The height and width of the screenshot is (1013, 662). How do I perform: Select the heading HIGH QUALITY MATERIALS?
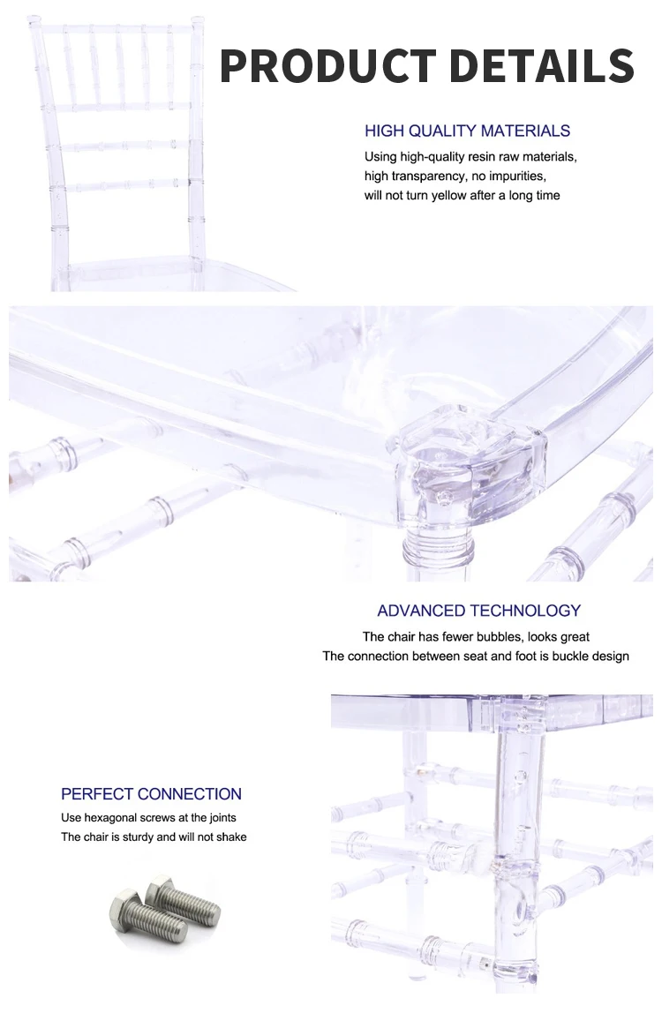coord(467,131)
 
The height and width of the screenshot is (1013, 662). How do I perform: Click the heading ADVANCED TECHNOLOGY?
coord(478,611)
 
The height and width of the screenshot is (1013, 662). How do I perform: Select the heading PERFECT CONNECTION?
coord(151,794)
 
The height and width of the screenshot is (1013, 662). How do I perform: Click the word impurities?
coord(521,176)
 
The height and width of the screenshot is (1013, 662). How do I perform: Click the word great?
coord(574,636)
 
